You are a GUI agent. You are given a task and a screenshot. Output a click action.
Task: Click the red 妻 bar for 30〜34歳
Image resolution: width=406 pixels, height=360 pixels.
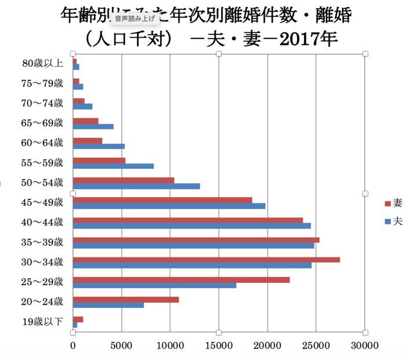click(206, 260)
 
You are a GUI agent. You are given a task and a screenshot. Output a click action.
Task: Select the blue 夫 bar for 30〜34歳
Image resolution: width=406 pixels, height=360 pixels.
click(192, 266)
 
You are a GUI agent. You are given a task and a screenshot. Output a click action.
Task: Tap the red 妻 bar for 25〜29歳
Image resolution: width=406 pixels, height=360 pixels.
click(181, 279)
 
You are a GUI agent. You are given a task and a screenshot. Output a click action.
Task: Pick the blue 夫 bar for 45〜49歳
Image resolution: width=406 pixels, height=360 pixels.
click(169, 206)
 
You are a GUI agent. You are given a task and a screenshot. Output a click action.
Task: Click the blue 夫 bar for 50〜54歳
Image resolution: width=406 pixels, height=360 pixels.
click(136, 186)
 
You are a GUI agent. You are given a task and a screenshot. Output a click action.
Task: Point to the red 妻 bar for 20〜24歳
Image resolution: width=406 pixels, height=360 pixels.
click(126, 299)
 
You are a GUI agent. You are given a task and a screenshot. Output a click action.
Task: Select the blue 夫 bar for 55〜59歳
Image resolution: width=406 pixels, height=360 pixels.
click(113, 166)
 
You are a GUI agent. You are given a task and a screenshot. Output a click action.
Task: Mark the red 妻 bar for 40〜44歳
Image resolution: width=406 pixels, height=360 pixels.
click(187, 220)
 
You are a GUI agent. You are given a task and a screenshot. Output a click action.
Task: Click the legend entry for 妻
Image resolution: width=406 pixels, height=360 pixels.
click(393, 203)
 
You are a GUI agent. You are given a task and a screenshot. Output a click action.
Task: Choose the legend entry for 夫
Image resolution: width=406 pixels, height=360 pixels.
click(393, 221)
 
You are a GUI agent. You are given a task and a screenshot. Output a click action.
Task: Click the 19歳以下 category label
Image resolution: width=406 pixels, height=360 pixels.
click(42, 322)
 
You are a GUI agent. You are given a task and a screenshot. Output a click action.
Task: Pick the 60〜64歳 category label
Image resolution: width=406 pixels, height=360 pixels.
click(42, 143)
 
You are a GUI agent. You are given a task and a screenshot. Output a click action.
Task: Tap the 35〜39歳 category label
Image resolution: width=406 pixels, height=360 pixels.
click(42, 242)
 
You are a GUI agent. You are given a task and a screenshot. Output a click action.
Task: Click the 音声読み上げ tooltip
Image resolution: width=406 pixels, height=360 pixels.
click(134, 19)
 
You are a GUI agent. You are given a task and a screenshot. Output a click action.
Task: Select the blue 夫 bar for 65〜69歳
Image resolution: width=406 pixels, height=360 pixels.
click(93, 126)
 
